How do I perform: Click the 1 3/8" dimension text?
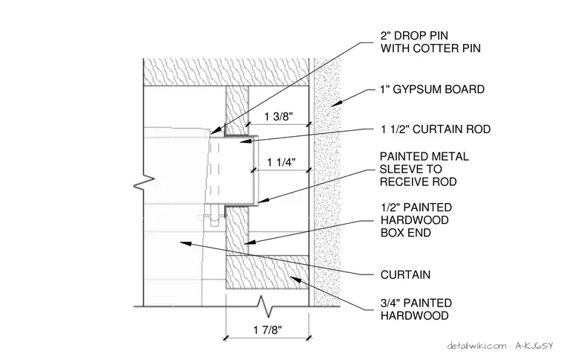279,117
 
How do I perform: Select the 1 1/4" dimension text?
281,163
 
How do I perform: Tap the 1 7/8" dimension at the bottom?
268,330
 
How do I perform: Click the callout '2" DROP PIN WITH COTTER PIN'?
430,42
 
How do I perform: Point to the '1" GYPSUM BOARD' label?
433,89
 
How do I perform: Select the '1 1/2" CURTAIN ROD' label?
436,129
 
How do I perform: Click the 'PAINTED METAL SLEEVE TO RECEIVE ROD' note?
424,169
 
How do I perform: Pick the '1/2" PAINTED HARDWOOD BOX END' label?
416,220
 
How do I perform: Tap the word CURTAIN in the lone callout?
405,274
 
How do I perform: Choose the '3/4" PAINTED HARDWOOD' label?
416,309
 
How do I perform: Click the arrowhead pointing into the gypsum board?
336,103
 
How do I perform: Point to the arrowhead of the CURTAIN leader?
185,243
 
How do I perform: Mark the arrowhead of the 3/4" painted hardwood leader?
295,280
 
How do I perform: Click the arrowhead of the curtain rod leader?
245,141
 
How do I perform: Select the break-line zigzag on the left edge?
143,182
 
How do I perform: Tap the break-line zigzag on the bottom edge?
266,306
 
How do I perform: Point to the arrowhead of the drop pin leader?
214,131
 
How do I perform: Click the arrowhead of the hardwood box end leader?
249,242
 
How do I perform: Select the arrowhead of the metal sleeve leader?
262,200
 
